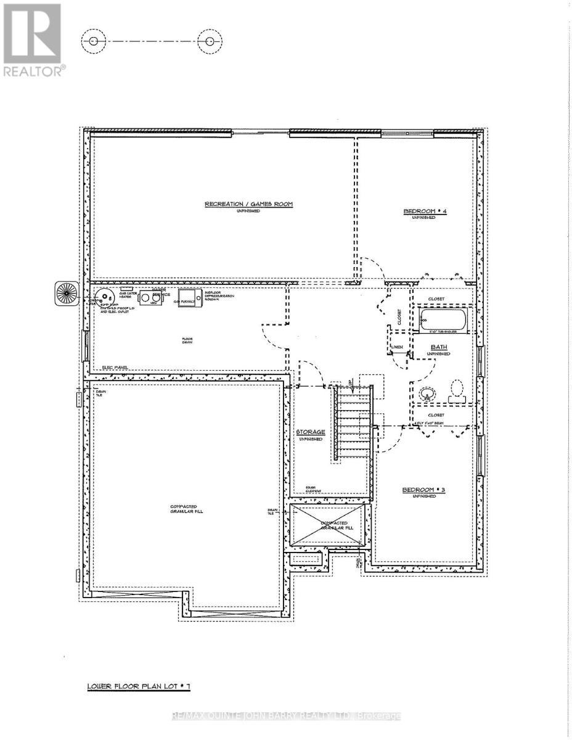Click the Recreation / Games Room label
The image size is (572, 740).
pos(249,204)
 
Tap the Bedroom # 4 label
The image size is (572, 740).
pos(420,212)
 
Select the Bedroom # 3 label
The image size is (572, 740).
pos(419,490)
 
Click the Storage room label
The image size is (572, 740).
pos(311,432)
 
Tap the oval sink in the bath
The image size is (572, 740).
pos(425,392)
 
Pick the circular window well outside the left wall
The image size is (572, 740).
pos(66,292)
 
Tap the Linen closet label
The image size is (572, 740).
pos(398,347)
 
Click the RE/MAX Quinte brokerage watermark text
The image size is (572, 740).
pos(286,716)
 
